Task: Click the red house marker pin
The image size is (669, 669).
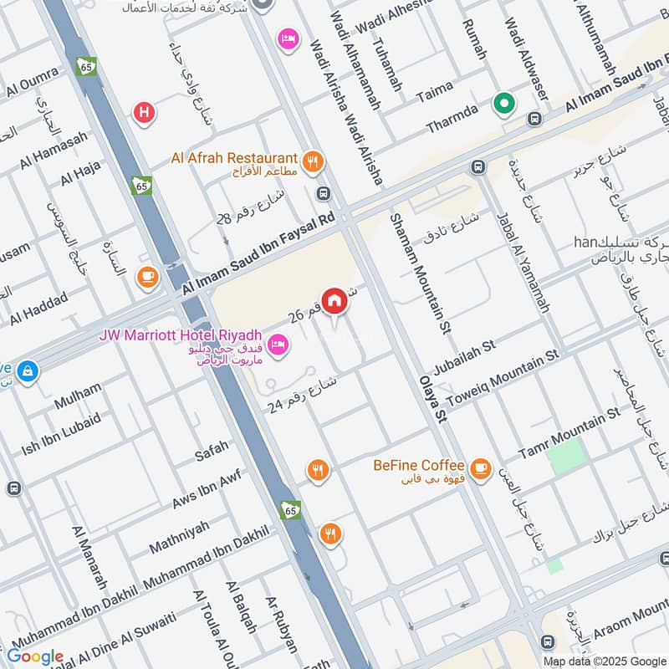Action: click(x=334, y=300)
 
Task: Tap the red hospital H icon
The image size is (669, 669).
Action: click(x=145, y=112)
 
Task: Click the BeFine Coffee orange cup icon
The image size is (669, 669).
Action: click(x=479, y=469)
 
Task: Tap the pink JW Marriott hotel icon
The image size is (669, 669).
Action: click(x=278, y=343)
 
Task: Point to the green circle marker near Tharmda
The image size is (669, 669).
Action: click(x=503, y=105)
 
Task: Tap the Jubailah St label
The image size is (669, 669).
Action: click(x=464, y=355)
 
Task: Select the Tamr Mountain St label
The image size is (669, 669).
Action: click(x=569, y=432)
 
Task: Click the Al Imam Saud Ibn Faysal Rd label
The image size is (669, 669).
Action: click(x=264, y=252)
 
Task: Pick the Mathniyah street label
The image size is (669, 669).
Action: click(x=179, y=537)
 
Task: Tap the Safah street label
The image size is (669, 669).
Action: click(x=211, y=452)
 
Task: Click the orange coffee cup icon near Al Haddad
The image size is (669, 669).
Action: click(x=148, y=276)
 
